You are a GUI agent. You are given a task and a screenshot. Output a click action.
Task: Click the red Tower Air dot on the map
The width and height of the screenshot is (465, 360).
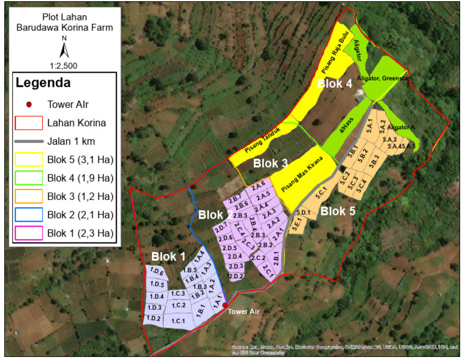225,305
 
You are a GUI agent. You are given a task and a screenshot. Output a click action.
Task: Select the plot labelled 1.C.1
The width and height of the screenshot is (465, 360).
178,319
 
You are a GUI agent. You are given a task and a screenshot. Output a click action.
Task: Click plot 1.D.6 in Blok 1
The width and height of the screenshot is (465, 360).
157,271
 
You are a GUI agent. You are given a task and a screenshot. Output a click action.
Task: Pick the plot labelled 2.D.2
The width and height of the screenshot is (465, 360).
236,276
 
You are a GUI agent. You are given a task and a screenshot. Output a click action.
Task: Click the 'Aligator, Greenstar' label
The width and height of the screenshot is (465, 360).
383,78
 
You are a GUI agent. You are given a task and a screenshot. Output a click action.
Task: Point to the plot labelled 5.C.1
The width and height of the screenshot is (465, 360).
321,192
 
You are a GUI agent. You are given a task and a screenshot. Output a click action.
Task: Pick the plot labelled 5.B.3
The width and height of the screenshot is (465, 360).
374,159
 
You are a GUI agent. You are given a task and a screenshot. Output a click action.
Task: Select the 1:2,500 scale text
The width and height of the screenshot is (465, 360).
64,65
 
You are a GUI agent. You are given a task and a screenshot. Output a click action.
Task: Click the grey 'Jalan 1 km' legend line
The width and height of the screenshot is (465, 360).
28,141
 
